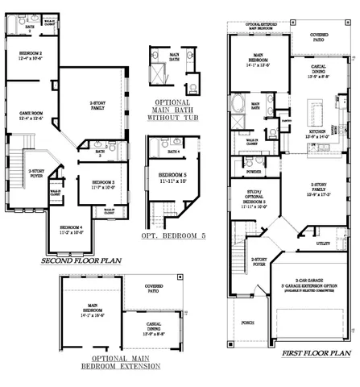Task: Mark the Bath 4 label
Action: (173, 152)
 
